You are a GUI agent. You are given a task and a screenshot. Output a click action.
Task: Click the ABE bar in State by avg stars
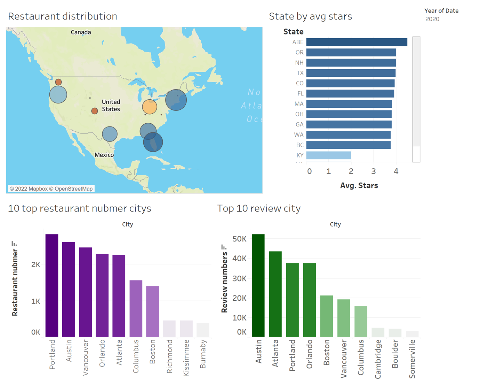356,42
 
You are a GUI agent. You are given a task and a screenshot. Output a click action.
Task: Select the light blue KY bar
328,155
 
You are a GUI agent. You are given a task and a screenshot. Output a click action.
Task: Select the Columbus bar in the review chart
361,321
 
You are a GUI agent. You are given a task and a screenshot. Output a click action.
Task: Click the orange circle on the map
150,107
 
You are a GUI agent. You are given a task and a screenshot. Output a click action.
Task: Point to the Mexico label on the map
104,155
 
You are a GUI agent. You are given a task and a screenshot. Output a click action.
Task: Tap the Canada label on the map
81,32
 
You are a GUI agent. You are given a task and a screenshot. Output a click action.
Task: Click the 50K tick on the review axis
239,239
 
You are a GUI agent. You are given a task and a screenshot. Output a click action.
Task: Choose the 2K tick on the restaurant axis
35,264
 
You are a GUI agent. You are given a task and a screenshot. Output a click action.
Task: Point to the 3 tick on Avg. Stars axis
373,171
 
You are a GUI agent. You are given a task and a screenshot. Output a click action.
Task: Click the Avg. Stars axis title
359,185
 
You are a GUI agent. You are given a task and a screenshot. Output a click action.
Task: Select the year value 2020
432,19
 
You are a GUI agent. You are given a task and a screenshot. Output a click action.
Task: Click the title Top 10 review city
259,208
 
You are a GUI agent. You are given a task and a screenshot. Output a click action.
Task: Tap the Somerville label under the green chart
412,359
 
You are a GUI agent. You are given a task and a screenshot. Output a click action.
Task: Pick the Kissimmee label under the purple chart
186,358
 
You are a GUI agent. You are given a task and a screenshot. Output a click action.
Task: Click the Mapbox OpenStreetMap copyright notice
51,189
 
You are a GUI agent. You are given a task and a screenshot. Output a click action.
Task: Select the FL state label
300,93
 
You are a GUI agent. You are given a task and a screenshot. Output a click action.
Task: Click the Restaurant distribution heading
63,16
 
